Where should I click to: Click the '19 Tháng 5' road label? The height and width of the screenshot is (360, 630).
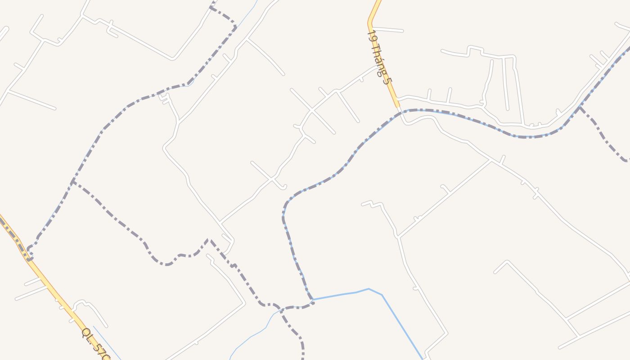tap(380, 57)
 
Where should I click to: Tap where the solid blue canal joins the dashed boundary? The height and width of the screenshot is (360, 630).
tap(313, 299)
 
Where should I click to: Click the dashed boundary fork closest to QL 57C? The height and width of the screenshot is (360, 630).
tap(72, 182)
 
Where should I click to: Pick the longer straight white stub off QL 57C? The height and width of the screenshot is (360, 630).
tap(31, 293)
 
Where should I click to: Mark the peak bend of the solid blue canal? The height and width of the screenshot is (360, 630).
tap(369, 289)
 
